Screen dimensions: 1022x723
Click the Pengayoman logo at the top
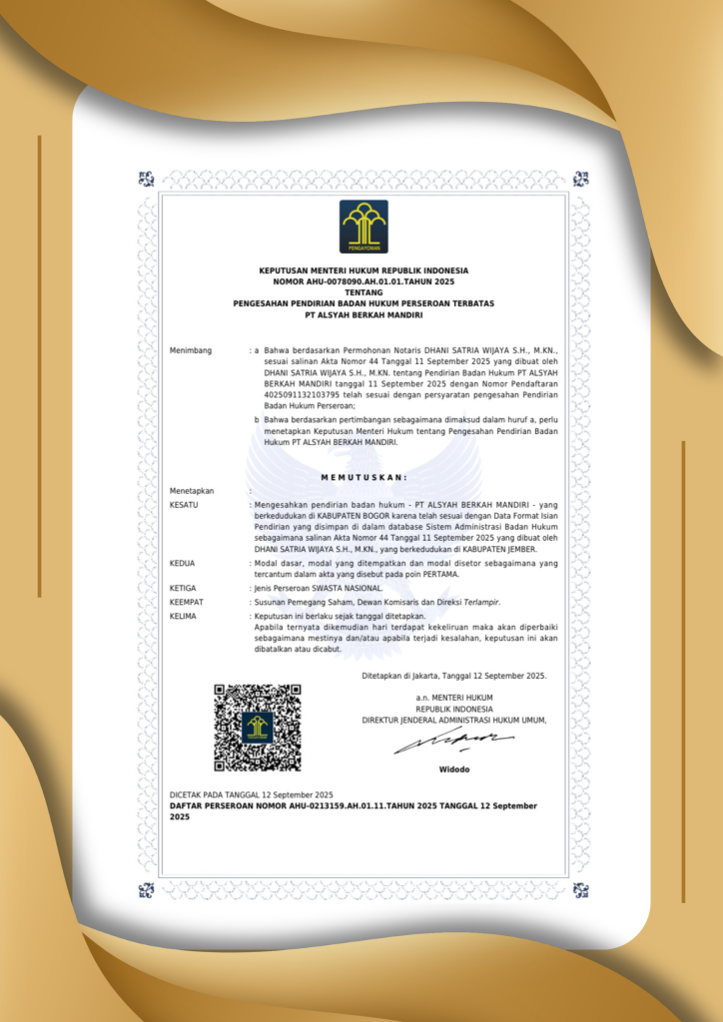(x=363, y=227)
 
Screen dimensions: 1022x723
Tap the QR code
(x=258, y=728)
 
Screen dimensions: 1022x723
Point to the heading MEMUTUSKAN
(x=363, y=478)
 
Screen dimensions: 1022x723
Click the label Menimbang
(x=191, y=351)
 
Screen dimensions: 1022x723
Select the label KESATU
(x=185, y=506)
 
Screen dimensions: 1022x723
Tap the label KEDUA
(x=183, y=563)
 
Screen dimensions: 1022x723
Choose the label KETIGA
(x=184, y=589)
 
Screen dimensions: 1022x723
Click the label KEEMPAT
(x=187, y=603)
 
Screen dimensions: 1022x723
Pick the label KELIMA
(x=184, y=616)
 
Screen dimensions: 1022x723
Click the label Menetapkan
(x=192, y=491)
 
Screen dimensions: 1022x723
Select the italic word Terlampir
(x=475, y=603)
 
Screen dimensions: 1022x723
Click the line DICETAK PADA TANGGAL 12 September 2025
(x=251, y=793)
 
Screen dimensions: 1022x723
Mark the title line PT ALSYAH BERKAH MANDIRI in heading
(x=363, y=314)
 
